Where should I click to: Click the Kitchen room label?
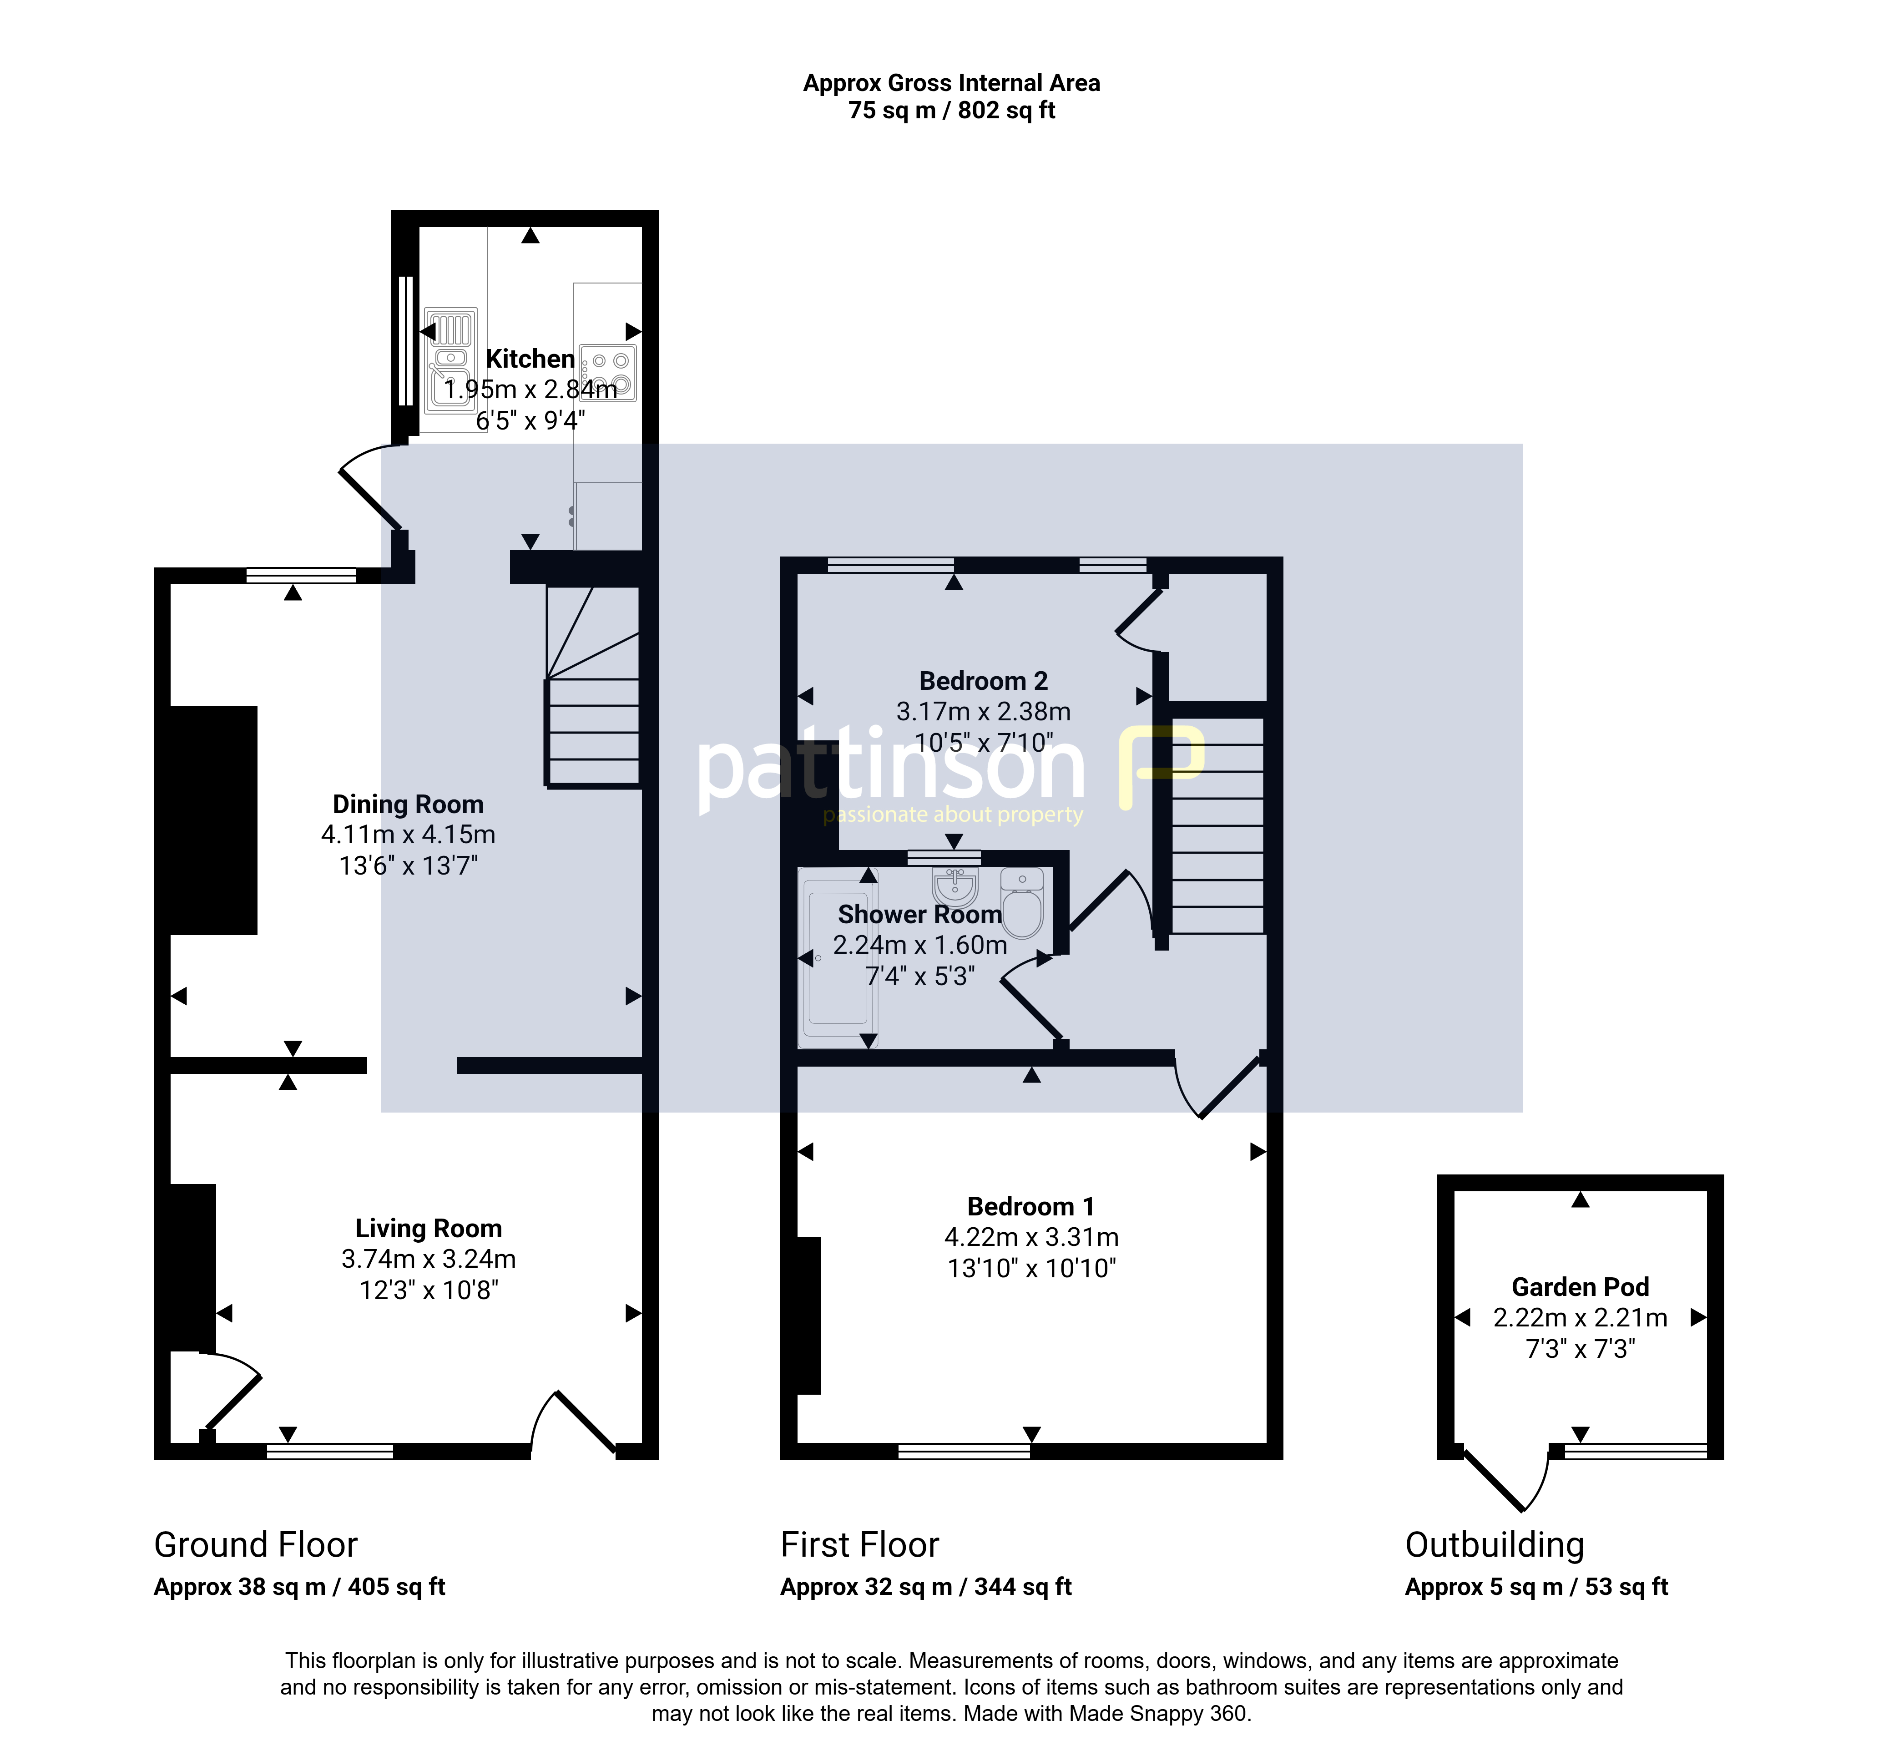(530, 359)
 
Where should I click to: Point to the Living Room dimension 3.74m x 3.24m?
(429, 1259)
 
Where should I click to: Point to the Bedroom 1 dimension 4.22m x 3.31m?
(1031, 1237)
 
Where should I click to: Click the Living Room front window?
(330, 1451)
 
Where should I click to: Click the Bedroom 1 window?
(965, 1451)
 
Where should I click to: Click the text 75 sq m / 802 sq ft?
(952, 111)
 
